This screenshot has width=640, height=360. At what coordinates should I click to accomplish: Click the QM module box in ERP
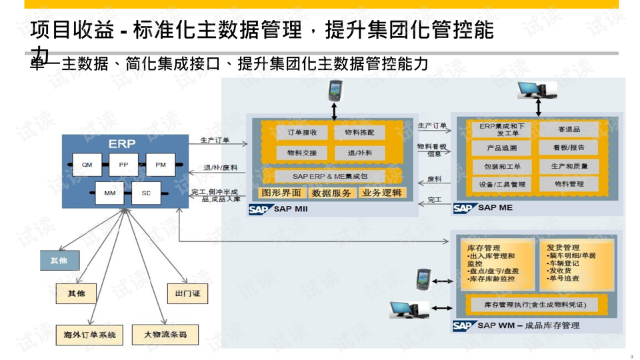coord(87,164)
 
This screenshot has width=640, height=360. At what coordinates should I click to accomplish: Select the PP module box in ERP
coord(123,164)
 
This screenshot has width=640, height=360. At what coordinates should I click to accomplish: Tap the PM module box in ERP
coord(160,164)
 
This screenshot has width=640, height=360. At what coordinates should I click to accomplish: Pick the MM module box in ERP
coord(109,193)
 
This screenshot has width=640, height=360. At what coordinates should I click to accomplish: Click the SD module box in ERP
coord(146,193)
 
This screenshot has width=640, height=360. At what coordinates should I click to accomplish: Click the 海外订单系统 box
coord(90,334)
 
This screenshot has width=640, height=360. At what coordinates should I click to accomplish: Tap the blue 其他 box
coord(59,260)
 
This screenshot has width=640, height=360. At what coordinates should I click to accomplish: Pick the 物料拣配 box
coord(360,133)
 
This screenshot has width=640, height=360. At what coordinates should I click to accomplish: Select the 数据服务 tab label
coord(331,193)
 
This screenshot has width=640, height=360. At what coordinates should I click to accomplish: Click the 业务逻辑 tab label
coord(381,193)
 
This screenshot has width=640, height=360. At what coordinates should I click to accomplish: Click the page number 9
coord(631,355)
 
